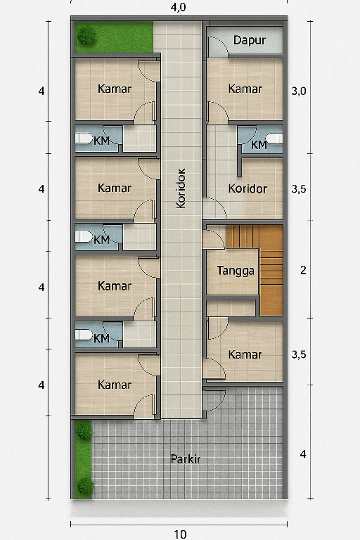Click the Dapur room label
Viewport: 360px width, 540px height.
(x=250, y=40)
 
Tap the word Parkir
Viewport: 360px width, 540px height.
(x=186, y=459)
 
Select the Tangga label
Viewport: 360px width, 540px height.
(x=236, y=271)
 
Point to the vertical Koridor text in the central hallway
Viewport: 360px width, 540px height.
(x=181, y=188)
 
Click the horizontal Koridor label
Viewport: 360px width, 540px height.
(x=247, y=188)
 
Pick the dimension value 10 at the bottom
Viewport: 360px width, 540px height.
(x=180, y=534)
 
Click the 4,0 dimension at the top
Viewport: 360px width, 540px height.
(x=178, y=7)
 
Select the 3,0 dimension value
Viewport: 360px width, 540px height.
(x=298, y=91)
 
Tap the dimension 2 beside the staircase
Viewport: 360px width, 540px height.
(x=303, y=270)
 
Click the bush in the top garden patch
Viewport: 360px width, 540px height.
(x=86, y=36)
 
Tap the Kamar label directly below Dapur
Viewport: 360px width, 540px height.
(x=245, y=89)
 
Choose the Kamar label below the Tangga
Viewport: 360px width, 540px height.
(x=245, y=354)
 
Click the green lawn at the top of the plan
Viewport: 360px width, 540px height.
(x=115, y=37)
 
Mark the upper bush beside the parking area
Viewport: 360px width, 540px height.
(x=84, y=431)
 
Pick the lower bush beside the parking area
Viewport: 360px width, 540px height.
(x=85, y=486)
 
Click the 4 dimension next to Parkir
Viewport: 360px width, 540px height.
(x=303, y=454)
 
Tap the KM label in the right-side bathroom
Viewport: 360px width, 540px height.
(x=259, y=145)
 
